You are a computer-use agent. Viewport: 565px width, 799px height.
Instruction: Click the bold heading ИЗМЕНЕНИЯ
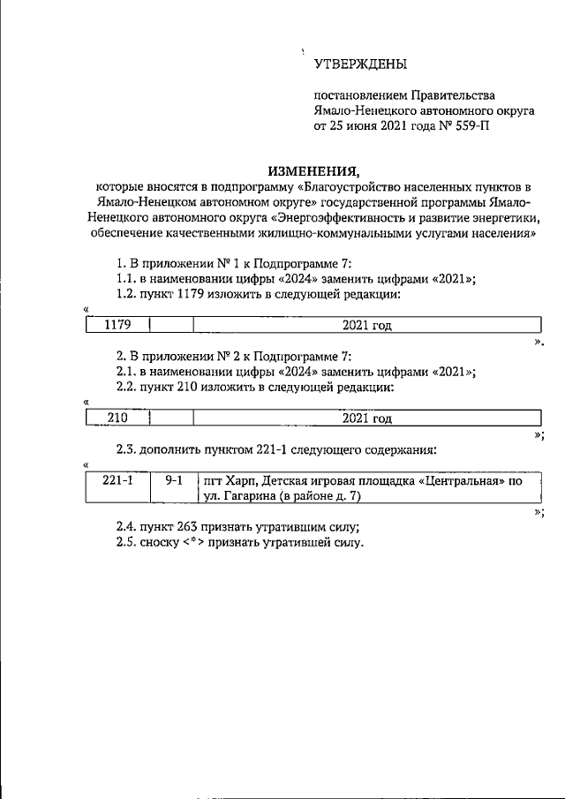tap(314, 170)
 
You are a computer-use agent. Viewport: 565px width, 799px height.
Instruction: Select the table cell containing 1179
tap(117, 325)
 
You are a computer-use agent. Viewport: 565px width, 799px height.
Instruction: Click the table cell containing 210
tap(117, 418)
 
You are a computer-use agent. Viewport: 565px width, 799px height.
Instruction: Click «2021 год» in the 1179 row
tap(366, 325)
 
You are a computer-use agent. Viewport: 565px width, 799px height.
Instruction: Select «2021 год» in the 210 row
tap(366, 418)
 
